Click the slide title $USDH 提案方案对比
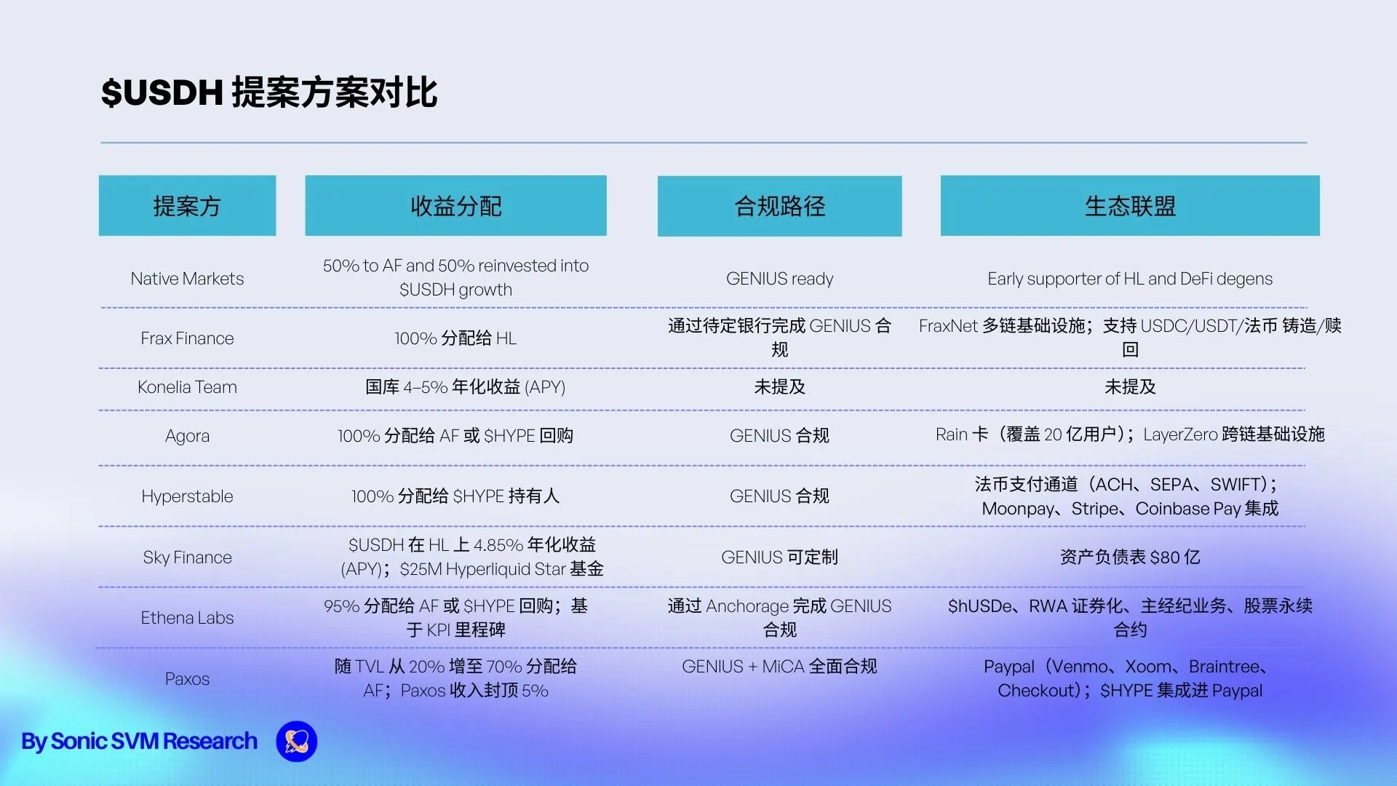click(269, 92)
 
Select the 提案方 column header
click(187, 205)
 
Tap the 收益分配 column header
click(455, 205)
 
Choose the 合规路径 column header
click(779, 206)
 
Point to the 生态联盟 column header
click(1130, 205)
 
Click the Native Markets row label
click(187, 279)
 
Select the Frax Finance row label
click(187, 338)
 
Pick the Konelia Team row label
click(187, 387)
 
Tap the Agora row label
click(187, 436)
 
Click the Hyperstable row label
click(187, 496)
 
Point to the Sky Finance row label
click(187, 557)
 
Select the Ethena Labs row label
click(187, 618)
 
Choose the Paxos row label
click(187, 679)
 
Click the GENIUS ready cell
click(779, 279)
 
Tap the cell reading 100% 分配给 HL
click(455, 338)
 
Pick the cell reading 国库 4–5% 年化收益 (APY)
click(465, 387)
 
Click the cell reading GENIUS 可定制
click(779, 557)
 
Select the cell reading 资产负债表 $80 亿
click(1130, 557)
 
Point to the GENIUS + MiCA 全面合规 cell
click(779, 667)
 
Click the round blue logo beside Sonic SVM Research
click(297, 742)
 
